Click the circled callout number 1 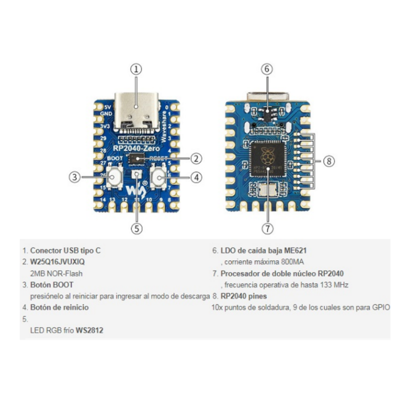pos(137,69)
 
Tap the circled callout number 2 pos(195,158)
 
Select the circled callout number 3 pos(75,177)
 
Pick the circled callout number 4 pos(195,177)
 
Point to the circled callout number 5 pos(137,228)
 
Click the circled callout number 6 pos(267,69)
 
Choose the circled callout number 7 pos(267,228)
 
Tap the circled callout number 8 pos(328,161)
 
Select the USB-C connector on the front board pos(137,110)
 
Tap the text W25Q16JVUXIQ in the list pos(57,262)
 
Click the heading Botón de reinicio pos(59,308)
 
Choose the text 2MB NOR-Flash pos(56,273)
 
